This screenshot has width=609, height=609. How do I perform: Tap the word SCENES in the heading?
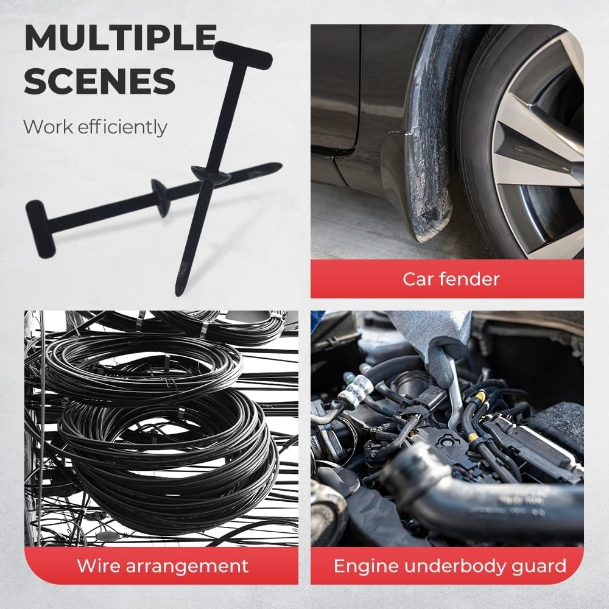(100, 81)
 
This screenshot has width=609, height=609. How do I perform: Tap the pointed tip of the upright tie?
(179, 290)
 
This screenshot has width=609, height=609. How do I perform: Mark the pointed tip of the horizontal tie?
(277, 165)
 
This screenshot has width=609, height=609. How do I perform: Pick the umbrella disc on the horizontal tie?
(160, 197)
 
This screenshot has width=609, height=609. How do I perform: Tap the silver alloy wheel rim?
(536, 140)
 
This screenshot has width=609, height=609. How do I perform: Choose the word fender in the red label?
(472, 280)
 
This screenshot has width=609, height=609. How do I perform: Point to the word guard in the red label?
(537, 566)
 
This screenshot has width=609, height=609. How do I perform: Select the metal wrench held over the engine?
(454, 396)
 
